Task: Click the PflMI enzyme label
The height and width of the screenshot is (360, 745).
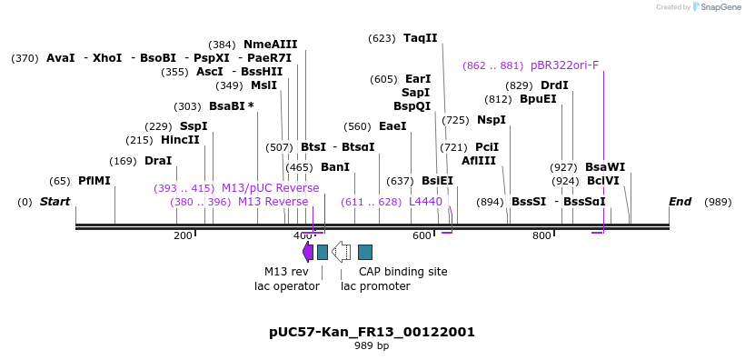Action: [x=94, y=181]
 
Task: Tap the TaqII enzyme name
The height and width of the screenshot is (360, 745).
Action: [x=421, y=38]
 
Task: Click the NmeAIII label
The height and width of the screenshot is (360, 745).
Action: [x=270, y=45]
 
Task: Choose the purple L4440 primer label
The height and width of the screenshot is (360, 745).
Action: [x=425, y=202]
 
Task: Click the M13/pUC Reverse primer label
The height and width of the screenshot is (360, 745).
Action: [x=270, y=188]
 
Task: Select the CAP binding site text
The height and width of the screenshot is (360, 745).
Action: [x=402, y=272]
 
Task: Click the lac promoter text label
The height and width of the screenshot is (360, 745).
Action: [x=375, y=286]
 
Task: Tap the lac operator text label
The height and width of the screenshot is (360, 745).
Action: [x=286, y=286]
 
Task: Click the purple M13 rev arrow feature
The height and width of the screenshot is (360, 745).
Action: [x=308, y=252]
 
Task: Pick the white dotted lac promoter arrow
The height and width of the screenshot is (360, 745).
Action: [x=342, y=252]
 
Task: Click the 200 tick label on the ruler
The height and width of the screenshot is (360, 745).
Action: [x=183, y=236]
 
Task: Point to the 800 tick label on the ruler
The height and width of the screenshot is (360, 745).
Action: [x=541, y=236]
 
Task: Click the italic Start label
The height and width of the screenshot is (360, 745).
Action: [x=55, y=202]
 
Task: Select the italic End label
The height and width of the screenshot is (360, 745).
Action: [x=680, y=202]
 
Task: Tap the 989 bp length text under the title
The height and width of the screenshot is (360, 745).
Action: [x=372, y=346]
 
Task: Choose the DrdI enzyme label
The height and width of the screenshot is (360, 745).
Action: [x=554, y=85]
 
